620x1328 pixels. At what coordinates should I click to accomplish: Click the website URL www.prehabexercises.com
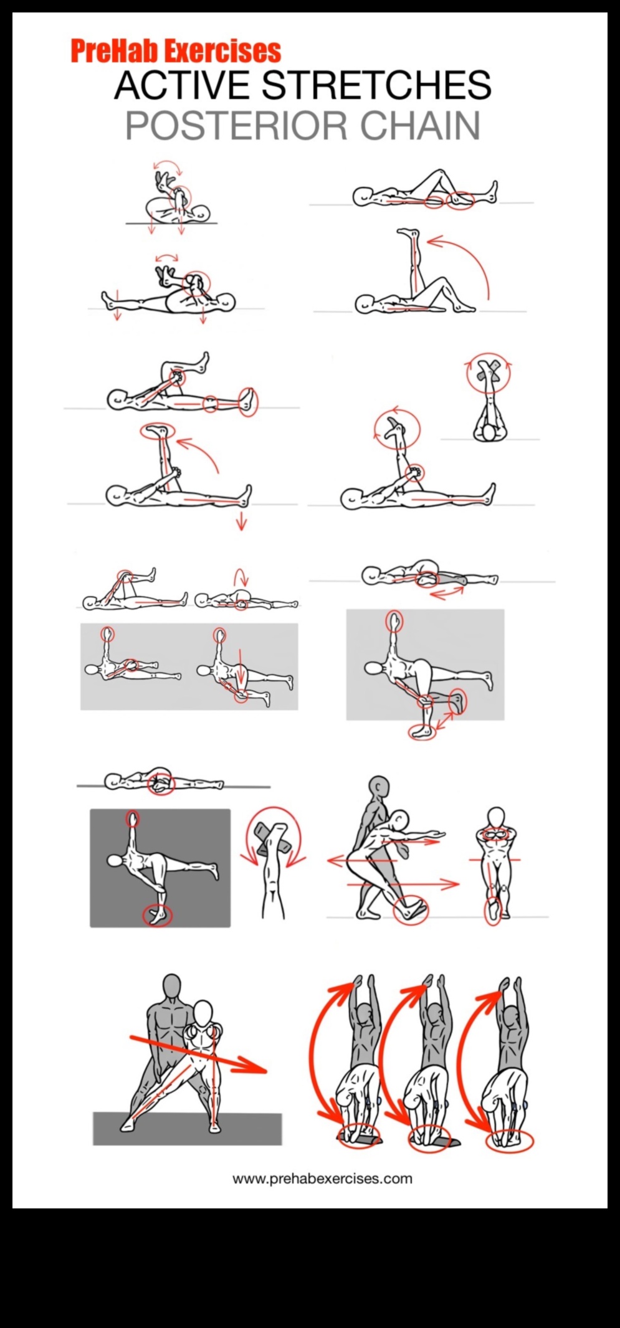322,1179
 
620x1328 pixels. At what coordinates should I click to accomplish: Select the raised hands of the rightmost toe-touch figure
511,985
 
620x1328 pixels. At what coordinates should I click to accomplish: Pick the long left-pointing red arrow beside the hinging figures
361,861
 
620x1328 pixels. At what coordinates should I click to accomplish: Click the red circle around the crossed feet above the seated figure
489,373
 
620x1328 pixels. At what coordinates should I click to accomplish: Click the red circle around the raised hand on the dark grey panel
132,818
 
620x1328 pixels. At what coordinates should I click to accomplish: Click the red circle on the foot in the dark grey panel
157,915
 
